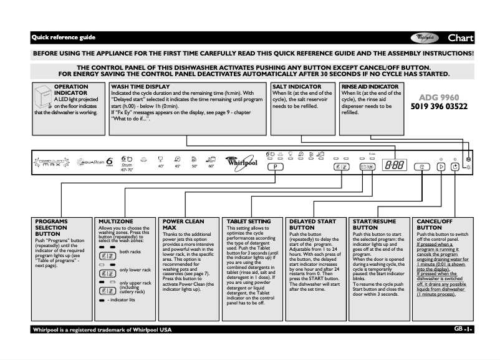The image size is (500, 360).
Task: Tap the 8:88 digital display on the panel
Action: pos(393,167)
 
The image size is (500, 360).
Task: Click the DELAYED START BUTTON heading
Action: pos(314,225)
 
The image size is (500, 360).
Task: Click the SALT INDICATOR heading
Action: pos(297,87)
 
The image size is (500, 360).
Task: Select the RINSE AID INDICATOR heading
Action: pos(369,87)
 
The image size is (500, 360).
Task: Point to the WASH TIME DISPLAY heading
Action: pos(140,87)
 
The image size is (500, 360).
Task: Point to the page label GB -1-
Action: pos(464,329)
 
